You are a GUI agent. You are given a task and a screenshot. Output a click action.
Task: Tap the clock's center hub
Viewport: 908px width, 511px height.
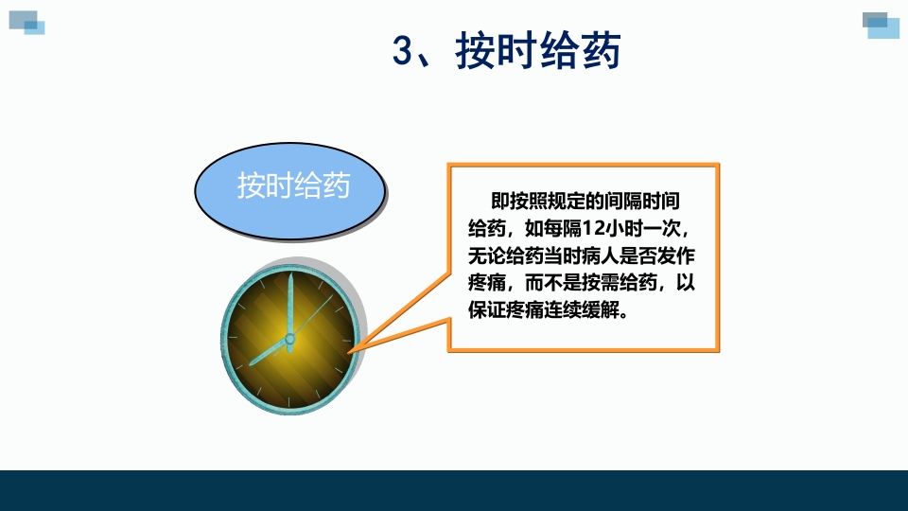click(289, 338)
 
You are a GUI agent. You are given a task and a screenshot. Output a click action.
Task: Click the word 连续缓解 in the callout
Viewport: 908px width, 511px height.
click(583, 310)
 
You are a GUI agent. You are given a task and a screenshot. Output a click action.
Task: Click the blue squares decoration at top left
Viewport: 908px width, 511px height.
click(27, 20)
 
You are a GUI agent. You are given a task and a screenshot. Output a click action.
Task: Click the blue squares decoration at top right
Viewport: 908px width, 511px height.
click(881, 25)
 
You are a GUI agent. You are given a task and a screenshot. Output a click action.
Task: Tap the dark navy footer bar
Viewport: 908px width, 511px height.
click(454, 490)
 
